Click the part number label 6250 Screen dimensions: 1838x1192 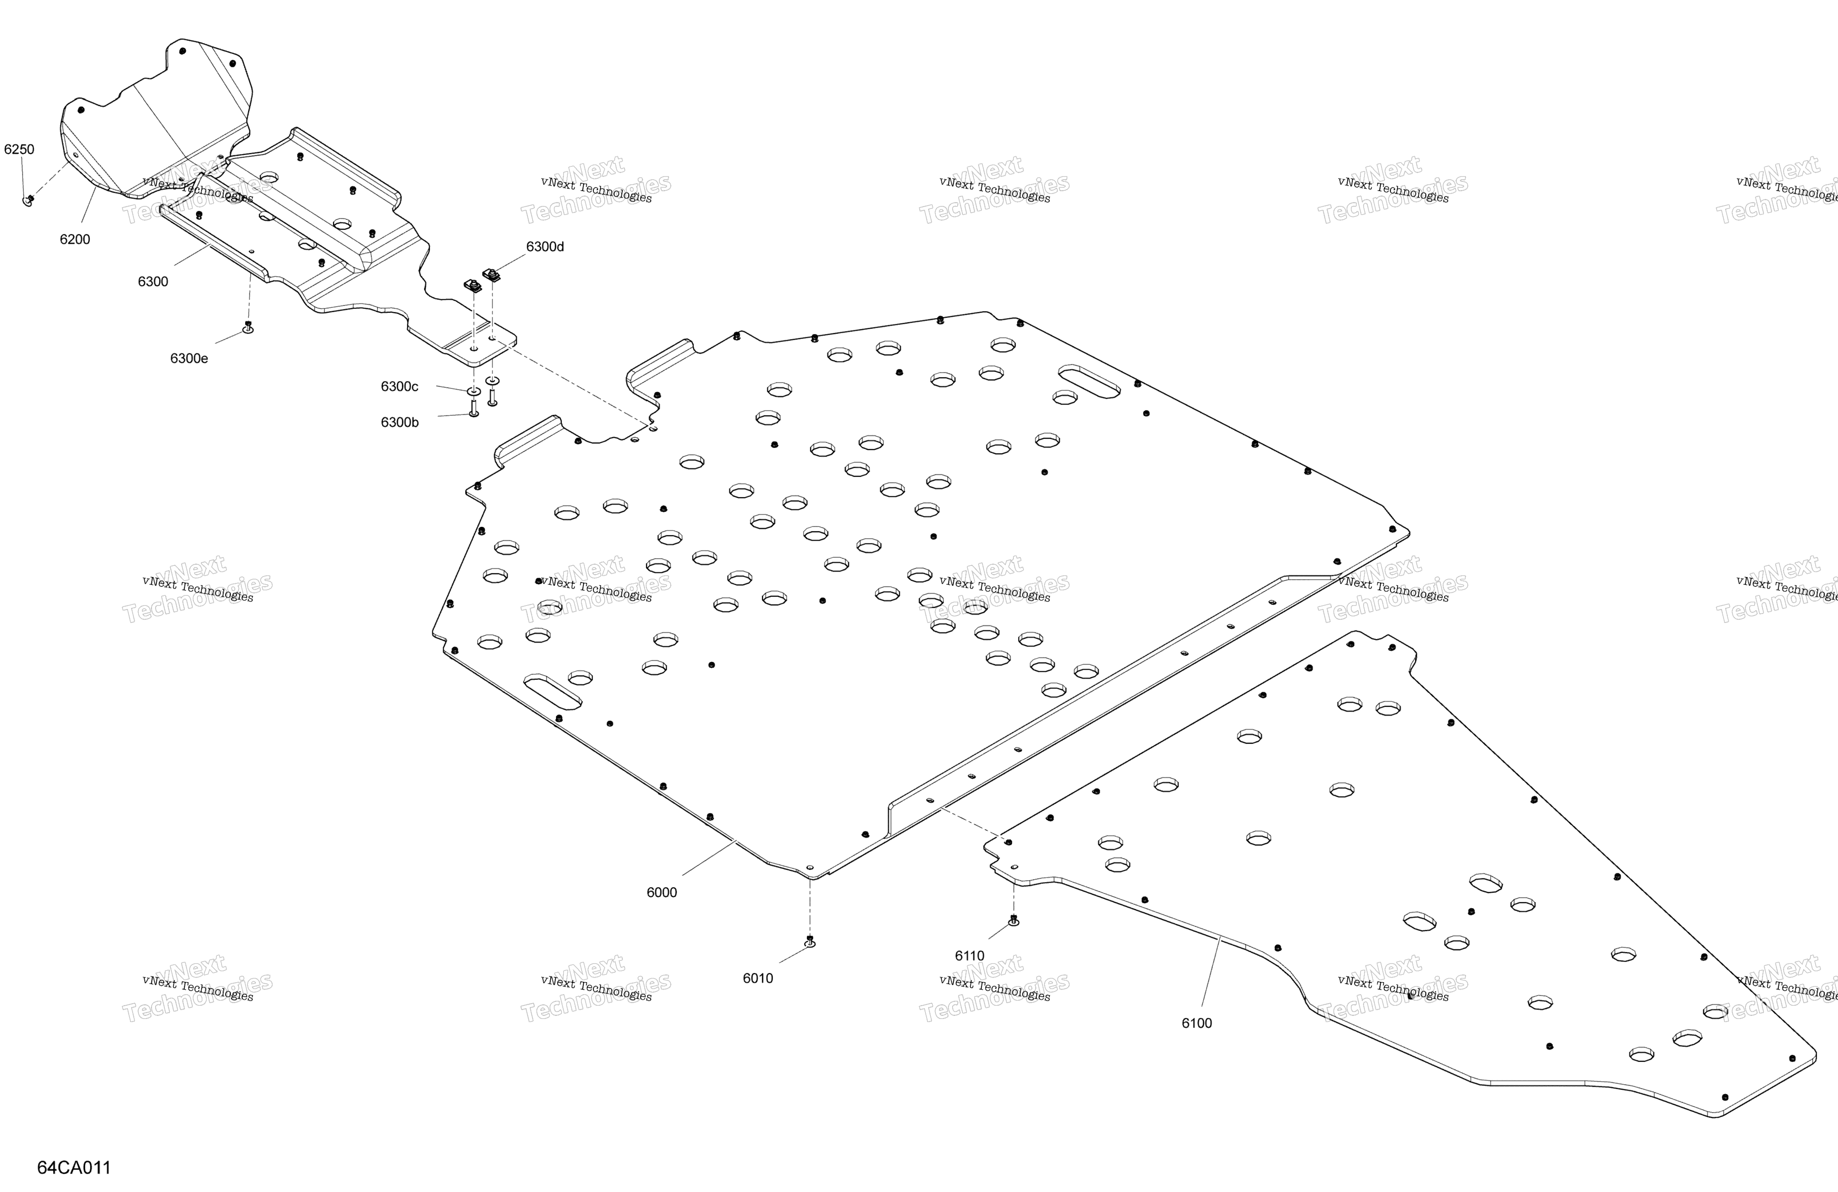click(19, 149)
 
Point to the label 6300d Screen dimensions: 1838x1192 click(545, 246)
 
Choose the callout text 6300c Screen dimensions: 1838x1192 click(399, 386)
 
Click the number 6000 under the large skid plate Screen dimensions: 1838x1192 click(662, 892)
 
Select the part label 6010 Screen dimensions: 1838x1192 click(757, 978)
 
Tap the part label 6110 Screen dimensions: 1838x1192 click(970, 956)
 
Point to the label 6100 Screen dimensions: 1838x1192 click(1197, 1023)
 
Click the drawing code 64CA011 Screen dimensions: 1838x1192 click(74, 1167)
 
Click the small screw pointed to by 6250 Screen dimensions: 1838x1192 click(29, 201)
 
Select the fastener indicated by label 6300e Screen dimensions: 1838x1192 click(248, 327)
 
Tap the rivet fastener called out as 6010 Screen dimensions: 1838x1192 click(809, 942)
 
